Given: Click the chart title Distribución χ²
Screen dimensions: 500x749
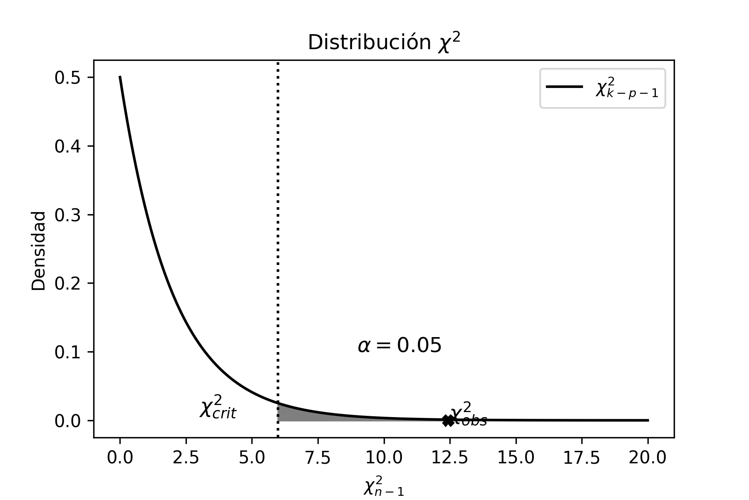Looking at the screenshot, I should [x=384, y=43].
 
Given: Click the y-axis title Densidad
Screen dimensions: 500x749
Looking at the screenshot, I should [x=39, y=251].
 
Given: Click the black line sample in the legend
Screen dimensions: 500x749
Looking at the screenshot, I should [x=564, y=87].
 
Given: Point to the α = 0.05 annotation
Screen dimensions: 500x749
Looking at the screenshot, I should [x=399, y=345].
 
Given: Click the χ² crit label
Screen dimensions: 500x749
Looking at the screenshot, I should [x=218, y=407].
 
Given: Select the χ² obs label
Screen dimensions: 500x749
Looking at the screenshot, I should [x=469, y=414].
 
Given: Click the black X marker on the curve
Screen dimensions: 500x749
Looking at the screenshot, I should [x=448, y=420].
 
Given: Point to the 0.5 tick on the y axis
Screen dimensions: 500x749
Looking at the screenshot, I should [x=68, y=78].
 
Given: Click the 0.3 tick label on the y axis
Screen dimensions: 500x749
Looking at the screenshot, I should [x=68, y=215].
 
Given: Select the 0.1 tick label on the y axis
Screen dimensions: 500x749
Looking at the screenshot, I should [x=68, y=352].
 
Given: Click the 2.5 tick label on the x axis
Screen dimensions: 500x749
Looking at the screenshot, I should [x=186, y=458].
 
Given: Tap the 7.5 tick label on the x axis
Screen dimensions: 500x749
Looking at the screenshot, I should [x=318, y=458].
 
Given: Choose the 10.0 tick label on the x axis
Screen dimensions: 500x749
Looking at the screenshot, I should [x=384, y=458].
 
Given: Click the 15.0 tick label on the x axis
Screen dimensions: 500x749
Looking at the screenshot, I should [x=516, y=458].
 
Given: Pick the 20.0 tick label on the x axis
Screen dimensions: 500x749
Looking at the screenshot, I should [x=647, y=458].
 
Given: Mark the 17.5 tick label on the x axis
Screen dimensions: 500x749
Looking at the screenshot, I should [x=582, y=458].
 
